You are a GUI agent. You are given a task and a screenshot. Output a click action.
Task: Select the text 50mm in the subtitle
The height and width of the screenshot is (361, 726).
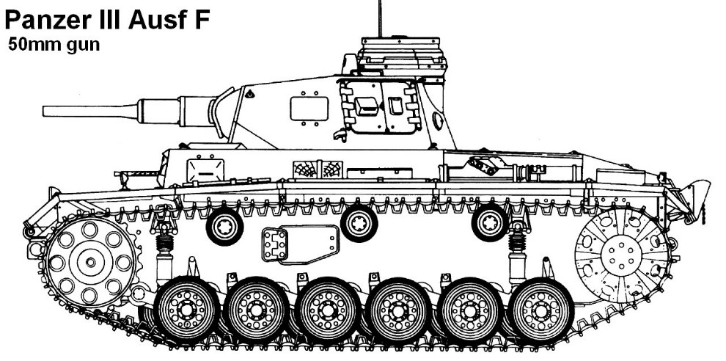point(29,45)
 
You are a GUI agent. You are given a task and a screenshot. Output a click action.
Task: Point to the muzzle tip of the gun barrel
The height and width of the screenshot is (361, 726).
point(43,112)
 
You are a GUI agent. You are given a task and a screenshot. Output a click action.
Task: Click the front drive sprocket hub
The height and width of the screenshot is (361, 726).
point(90,262)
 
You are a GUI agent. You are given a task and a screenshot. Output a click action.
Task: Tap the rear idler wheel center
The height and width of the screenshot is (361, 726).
point(620,254)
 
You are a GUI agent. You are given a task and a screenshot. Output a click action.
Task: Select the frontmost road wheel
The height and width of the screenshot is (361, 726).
point(186,310)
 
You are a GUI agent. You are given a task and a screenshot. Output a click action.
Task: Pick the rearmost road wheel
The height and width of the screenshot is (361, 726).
point(540,310)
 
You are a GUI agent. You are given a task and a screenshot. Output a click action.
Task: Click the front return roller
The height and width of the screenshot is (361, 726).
point(225,226)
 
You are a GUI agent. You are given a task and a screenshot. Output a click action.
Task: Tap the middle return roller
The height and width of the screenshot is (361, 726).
point(359,223)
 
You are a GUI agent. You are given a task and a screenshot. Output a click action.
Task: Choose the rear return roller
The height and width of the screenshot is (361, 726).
point(491,223)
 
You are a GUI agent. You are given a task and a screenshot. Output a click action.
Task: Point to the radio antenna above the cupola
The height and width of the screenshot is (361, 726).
point(380,18)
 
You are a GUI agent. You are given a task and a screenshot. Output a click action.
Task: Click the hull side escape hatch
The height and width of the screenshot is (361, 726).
point(301,244)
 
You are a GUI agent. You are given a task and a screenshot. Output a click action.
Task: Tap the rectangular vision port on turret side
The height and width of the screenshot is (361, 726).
point(309,109)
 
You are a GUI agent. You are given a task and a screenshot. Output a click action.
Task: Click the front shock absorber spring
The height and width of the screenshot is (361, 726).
point(165,244)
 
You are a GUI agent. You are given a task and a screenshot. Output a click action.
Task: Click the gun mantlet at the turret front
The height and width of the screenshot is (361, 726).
point(224,112)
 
